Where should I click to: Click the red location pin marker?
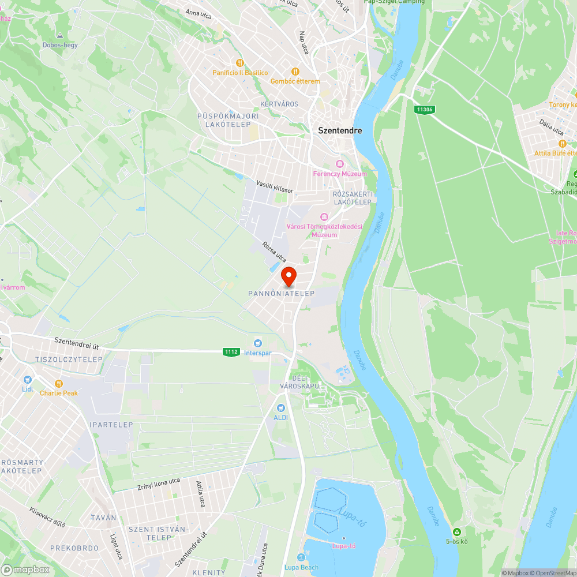288,276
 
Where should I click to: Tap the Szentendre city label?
340,130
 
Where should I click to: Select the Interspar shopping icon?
258,343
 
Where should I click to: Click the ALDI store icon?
281,407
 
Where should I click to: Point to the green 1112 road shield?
231,351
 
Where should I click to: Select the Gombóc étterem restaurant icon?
295,72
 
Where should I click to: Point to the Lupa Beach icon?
301,557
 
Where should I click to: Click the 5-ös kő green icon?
457,531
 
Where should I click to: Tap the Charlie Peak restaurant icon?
58,384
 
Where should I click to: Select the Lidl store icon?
27,380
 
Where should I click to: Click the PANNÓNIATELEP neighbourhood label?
282,294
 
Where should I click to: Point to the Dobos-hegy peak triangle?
60,36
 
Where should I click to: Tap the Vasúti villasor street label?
275,184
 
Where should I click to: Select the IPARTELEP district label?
111,425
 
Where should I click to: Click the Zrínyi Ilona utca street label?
159,485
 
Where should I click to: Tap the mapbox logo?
25,569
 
